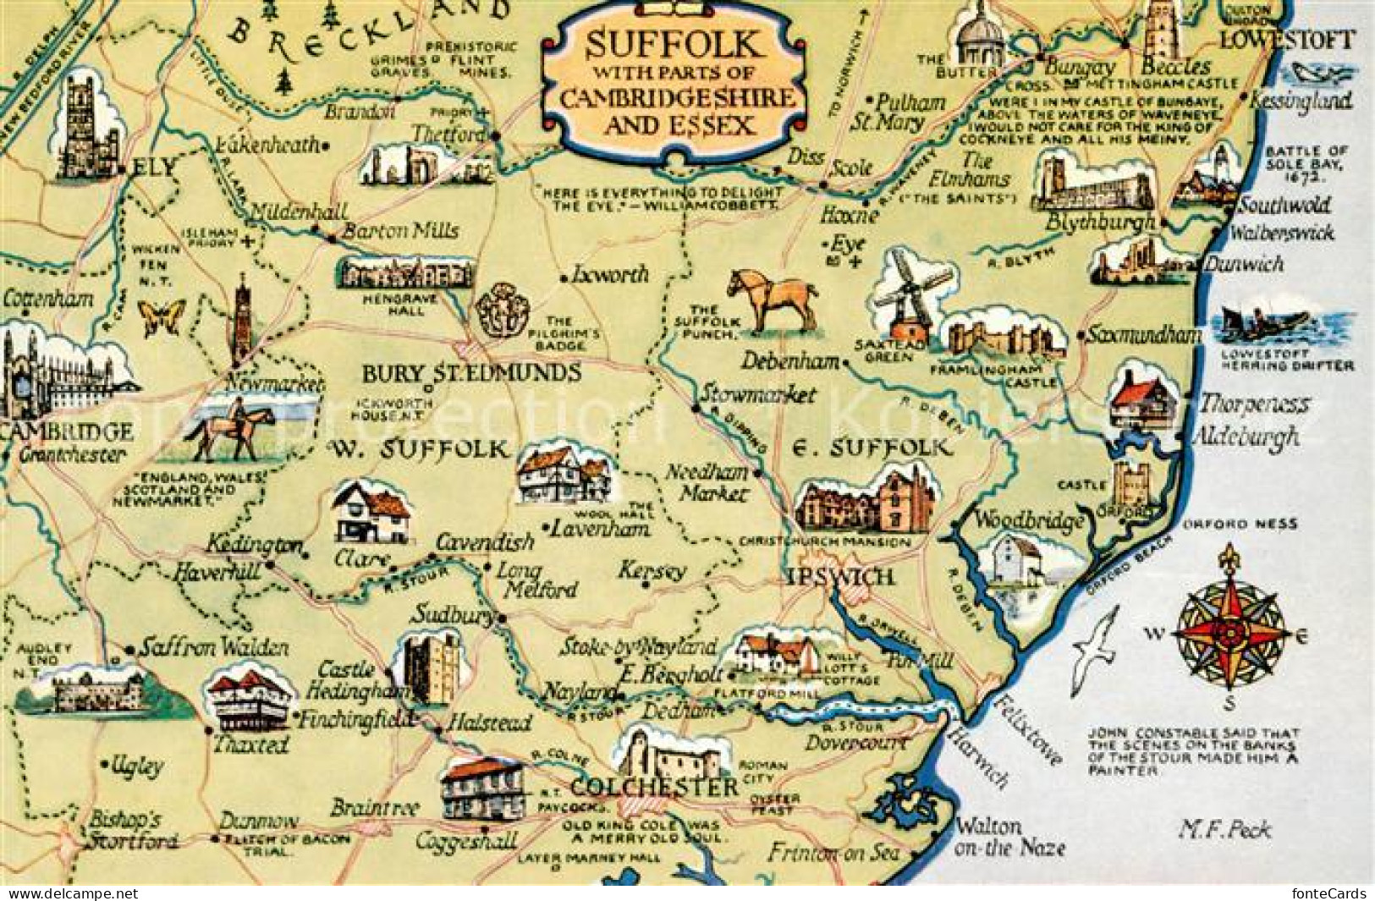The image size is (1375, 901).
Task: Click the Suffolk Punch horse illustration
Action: point(773,300)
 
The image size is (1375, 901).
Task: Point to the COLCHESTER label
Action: point(653,788)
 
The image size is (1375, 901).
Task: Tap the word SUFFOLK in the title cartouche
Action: point(674,43)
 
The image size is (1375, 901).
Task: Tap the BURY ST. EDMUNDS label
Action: point(471,373)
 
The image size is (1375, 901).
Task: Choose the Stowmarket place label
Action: point(758,394)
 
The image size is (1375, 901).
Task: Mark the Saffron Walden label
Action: point(215,648)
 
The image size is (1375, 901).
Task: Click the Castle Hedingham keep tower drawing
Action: point(429,668)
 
